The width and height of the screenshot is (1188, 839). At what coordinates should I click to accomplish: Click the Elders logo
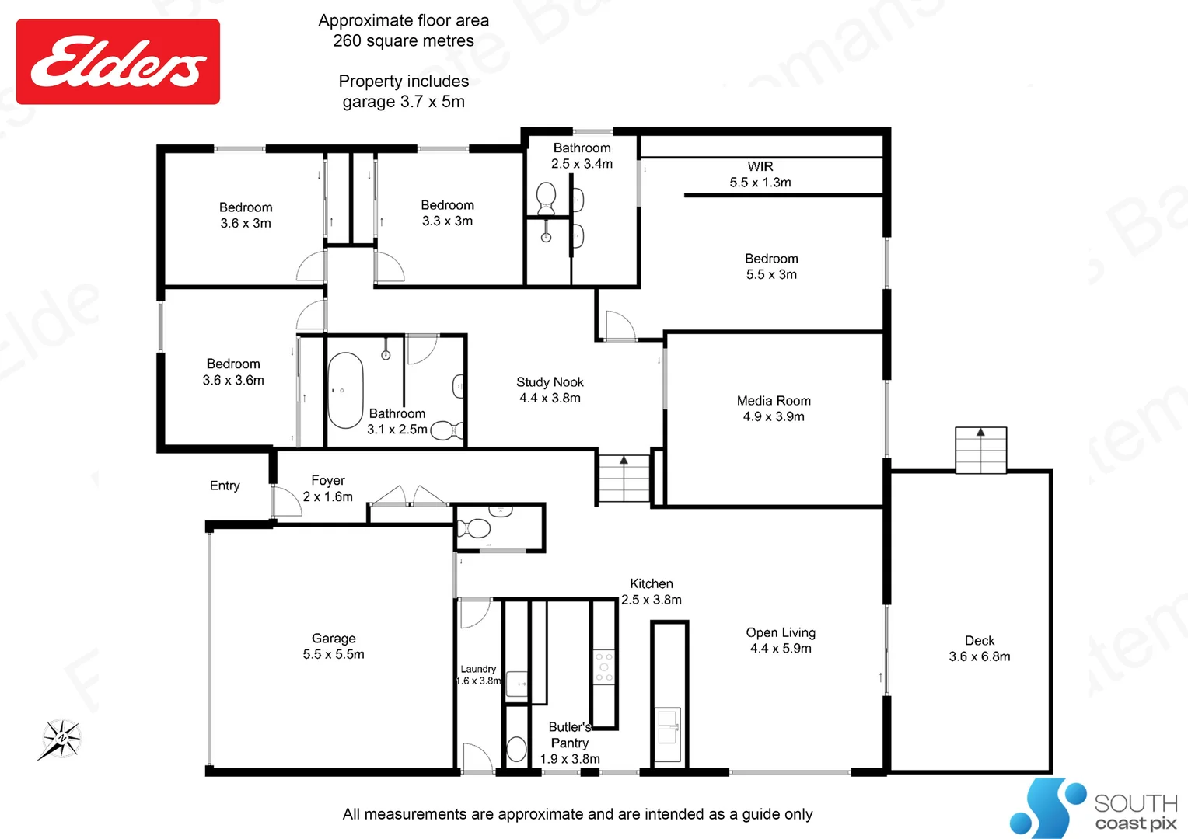118,62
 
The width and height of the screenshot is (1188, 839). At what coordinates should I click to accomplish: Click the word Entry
225,486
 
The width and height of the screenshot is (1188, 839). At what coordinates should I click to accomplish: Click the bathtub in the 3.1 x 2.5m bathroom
345,391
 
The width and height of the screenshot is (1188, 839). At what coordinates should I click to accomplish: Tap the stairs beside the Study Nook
624,479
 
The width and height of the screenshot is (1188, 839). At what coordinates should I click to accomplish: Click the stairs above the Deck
980,450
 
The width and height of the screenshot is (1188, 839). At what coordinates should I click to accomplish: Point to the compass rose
61,738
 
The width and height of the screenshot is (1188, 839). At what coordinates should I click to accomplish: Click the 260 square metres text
404,41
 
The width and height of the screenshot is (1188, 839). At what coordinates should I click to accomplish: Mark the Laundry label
478,669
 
